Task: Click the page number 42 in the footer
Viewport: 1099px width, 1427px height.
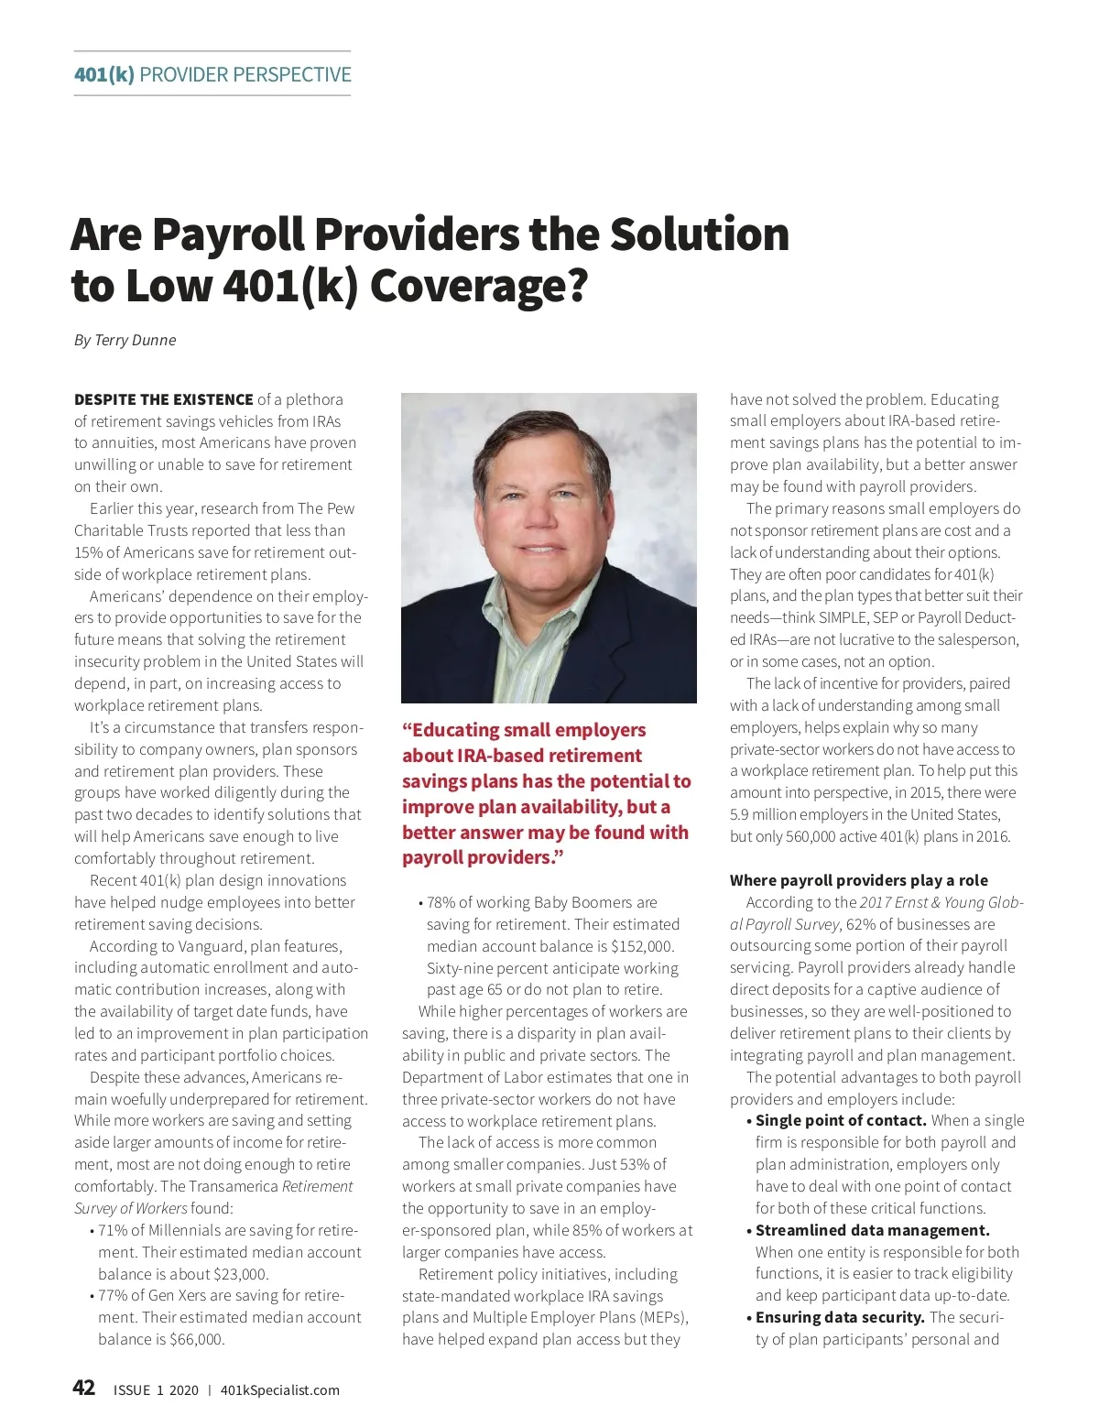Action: click(83, 1388)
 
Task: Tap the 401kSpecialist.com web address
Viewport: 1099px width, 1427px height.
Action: click(279, 1390)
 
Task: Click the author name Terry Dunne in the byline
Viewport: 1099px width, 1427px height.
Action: click(135, 340)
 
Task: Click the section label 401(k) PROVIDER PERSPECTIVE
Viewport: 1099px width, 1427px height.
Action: click(212, 74)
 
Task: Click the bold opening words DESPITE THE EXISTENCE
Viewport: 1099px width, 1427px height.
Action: click(163, 399)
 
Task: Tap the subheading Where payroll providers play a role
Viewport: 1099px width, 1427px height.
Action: click(858, 880)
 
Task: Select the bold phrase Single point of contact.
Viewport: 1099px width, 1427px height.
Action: click(841, 1120)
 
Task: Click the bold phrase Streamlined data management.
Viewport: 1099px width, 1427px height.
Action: click(872, 1230)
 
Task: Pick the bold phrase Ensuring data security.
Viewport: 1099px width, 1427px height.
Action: click(840, 1317)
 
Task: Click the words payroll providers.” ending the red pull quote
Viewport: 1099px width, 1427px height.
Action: click(483, 858)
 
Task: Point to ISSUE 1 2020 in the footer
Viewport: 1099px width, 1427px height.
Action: click(156, 1390)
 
